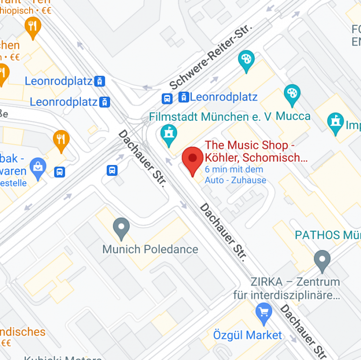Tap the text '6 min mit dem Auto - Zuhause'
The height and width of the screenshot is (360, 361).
[x=235, y=174]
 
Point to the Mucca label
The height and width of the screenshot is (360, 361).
[x=293, y=116]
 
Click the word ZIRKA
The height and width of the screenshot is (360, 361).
[x=266, y=282]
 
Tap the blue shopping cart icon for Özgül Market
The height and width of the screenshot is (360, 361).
[x=264, y=312]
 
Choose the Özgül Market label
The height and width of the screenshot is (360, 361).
[x=248, y=335]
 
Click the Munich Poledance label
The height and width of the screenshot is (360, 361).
[x=150, y=249]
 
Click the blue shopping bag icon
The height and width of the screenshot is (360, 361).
[x=38, y=166]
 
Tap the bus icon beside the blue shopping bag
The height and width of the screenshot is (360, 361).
[x=60, y=172]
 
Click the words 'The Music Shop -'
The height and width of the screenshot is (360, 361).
[x=250, y=145]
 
